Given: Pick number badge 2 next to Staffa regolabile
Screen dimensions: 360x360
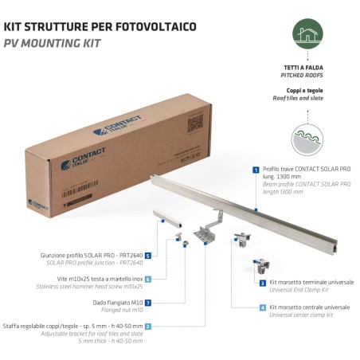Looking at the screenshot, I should [148, 326].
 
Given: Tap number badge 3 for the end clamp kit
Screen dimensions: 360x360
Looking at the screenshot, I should [262, 283].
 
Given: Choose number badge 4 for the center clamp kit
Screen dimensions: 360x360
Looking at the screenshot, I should [262, 307].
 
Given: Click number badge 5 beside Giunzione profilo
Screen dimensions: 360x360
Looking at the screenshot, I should [148, 256].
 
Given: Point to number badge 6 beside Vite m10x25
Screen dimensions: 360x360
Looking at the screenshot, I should [148, 280].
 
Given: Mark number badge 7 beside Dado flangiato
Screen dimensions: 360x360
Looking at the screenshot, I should [148, 303].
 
